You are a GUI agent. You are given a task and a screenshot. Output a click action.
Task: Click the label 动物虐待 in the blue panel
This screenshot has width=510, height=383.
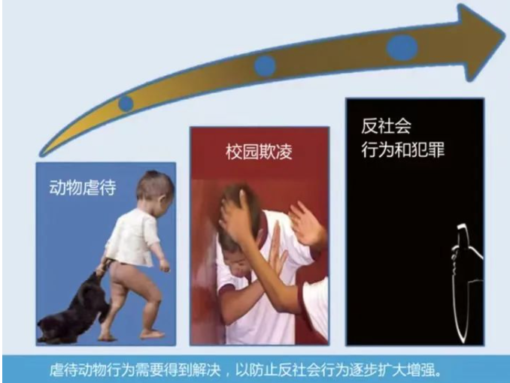tap(83, 188)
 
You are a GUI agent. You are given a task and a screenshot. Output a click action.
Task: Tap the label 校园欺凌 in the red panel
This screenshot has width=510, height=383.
tap(260, 152)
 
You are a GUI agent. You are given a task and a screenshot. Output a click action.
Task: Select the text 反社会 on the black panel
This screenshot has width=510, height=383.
tap(386, 125)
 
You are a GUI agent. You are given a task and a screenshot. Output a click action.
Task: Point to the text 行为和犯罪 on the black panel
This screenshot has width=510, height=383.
tap(403, 149)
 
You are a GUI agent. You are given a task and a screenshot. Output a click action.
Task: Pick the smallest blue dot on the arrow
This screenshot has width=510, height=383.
tap(126, 104)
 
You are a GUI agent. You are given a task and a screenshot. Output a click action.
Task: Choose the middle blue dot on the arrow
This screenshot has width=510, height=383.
tap(265, 66)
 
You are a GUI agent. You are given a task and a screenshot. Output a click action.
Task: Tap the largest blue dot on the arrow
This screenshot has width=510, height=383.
tap(402, 47)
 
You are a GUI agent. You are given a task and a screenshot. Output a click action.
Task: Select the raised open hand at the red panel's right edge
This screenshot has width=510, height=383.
tap(305, 224)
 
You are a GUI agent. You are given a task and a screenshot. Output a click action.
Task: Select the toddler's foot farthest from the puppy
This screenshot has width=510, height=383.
tap(151, 333)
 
